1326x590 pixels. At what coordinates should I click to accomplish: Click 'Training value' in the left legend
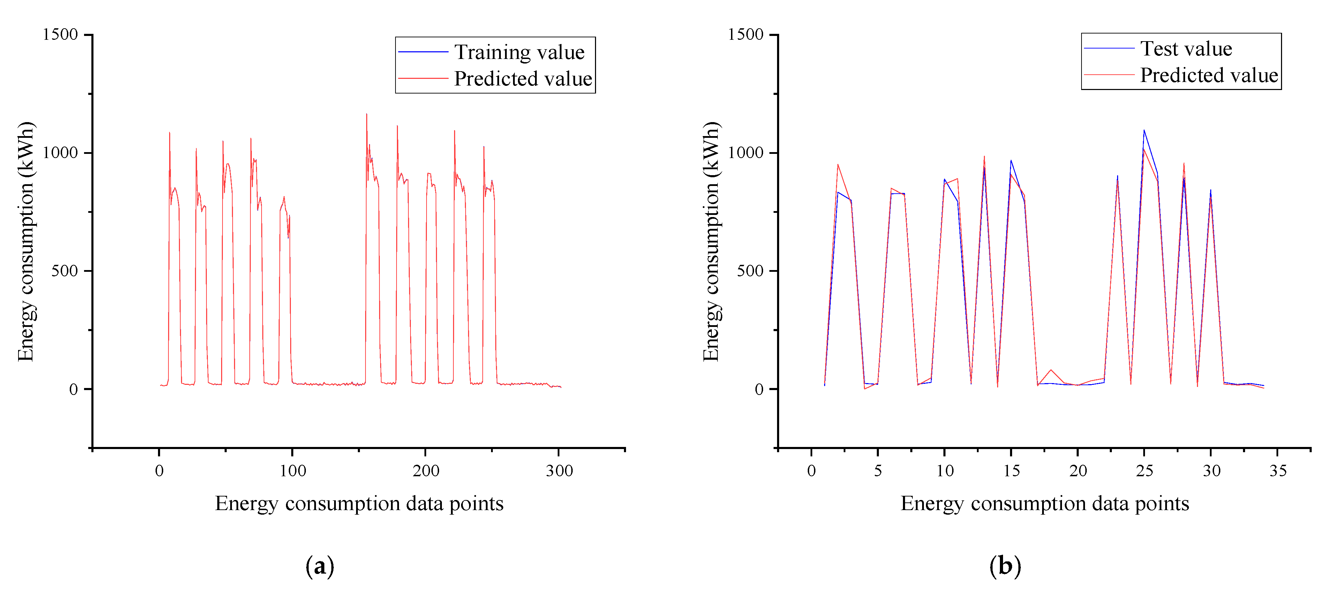(x=519, y=52)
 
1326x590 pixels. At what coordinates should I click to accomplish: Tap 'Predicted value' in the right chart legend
(x=1208, y=75)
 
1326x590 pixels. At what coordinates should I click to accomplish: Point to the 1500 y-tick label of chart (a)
(x=60, y=35)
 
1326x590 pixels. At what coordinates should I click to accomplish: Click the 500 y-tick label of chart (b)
(x=749, y=271)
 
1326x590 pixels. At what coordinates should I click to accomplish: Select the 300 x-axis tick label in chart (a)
(x=559, y=471)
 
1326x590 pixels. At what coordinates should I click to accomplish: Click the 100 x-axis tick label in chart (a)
(x=292, y=471)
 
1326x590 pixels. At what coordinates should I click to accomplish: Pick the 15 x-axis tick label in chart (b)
(x=1011, y=471)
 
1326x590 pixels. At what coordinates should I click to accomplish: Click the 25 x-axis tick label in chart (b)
(x=1144, y=471)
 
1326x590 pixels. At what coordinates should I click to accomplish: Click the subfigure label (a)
(x=320, y=566)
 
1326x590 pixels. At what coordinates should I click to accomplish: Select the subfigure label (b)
(x=1005, y=566)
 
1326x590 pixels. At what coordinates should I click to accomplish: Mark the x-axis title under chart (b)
(x=1045, y=503)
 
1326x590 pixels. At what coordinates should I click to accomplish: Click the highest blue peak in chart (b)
(x=1144, y=130)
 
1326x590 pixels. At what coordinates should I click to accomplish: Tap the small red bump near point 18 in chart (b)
(x=1051, y=370)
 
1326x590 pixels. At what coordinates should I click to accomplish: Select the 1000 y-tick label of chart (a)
(x=60, y=153)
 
